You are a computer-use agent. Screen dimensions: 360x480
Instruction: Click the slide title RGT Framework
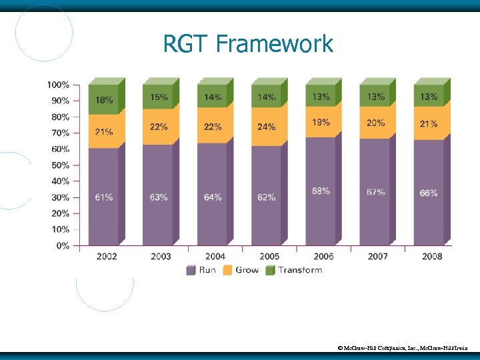248,45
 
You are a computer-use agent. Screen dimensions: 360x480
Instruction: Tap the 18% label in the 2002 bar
103,100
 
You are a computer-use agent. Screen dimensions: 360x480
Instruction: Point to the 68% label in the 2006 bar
321,191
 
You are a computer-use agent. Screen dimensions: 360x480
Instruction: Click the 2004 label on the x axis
215,256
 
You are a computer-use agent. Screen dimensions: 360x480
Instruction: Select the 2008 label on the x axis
431,256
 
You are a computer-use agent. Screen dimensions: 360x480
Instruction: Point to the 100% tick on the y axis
58,85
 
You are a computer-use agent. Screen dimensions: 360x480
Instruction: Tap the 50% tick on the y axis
60,165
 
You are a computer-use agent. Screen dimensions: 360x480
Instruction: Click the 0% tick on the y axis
62,246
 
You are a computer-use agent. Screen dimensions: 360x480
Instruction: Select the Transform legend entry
294,270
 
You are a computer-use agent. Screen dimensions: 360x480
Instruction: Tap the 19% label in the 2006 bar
321,122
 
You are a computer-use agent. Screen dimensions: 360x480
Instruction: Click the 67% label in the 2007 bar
375,192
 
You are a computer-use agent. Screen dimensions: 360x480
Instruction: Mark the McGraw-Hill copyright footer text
403,348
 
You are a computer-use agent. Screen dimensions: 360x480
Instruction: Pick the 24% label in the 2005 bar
266,127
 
